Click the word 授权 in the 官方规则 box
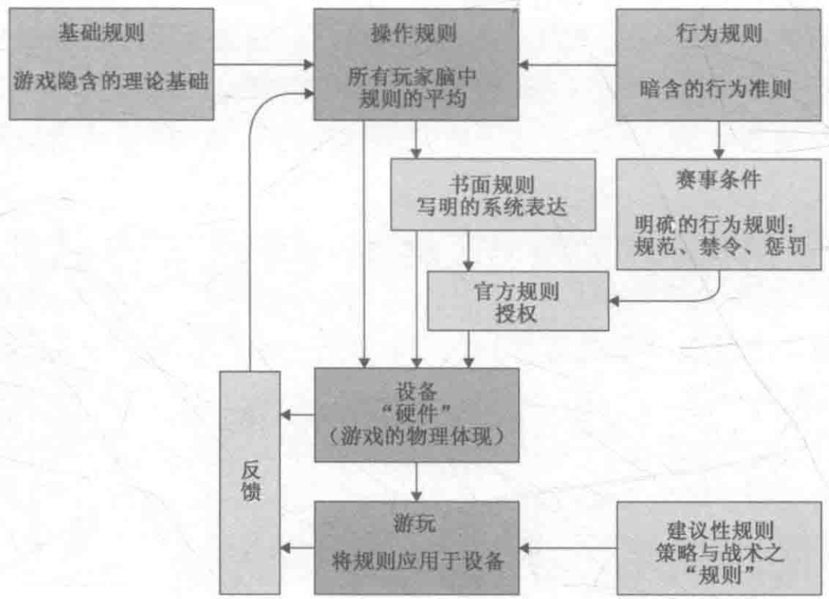click(x=518, y=313)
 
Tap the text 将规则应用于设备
click(x=417, y=562)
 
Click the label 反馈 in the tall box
click(x=251, y=482)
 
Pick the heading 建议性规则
click(x=720, y=528)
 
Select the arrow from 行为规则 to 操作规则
click(x=569, y=65)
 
